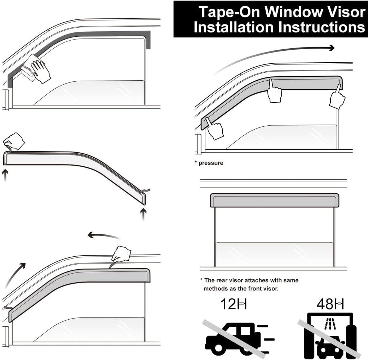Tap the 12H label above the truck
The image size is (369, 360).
click(234, 304)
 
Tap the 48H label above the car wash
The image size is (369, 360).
click(330, 304)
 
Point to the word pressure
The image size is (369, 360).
click(211, 163)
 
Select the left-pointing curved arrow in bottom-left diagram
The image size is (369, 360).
click(103, 236)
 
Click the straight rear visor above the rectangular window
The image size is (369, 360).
click(274, 201)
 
